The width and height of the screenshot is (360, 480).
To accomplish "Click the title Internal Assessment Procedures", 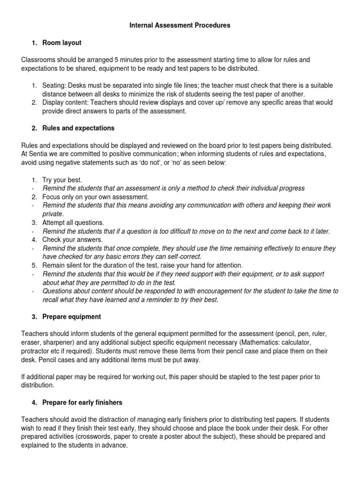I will click(x=180, y=26).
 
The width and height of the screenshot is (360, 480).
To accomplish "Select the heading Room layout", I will click(x=61, y=43).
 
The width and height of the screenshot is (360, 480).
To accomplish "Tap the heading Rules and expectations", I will click(x=78, y=128).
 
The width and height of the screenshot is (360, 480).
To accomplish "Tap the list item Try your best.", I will click(x=62, y=180).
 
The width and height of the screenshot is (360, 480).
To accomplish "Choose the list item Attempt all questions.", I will click(x=73, y=222).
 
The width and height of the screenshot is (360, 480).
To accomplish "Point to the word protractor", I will click(x=37, y=351).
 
